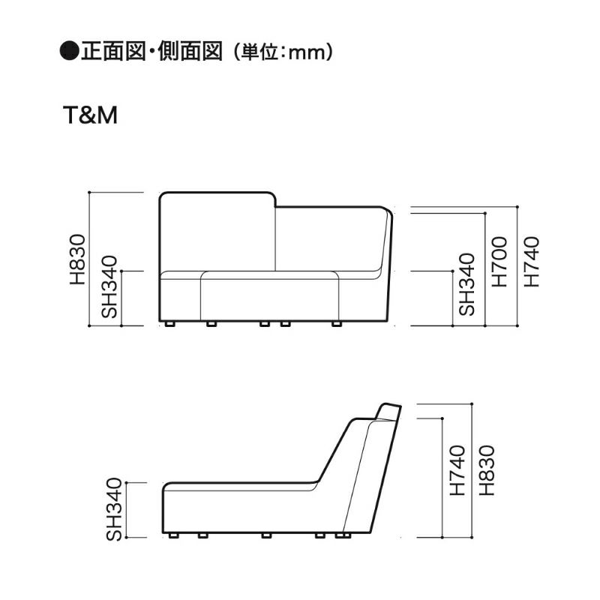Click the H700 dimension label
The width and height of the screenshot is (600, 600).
click(500, 262)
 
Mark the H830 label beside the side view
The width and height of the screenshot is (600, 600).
click(487, 471)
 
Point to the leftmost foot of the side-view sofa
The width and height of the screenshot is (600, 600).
click(174, 536)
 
